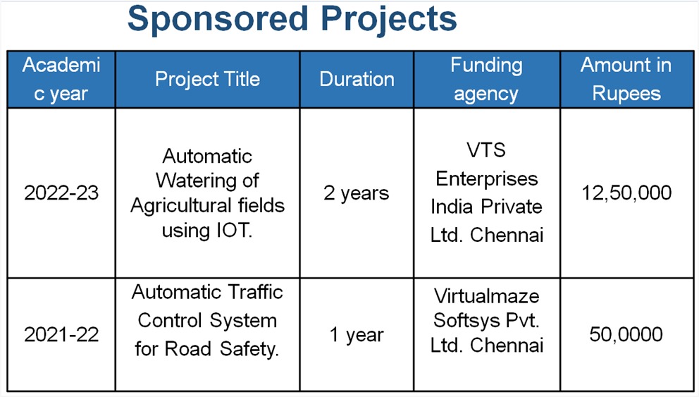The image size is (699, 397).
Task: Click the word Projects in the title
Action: click(x=389, y=20)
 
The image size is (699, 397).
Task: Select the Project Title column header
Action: click(x=207, y=80)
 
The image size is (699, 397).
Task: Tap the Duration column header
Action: click(x=357, y=80)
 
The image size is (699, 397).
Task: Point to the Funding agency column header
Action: click(x=486, y=80)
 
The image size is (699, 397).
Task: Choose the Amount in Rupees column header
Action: click(x=626, y=80)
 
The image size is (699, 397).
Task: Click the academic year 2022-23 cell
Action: click(x=61, y=193)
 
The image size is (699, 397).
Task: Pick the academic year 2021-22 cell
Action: click(x=61, y=334)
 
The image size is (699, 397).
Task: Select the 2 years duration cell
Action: click(x=356, y=193)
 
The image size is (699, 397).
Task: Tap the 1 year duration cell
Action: click(x=356, y=335)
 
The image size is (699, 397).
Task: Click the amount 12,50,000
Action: click(x=626, y=193)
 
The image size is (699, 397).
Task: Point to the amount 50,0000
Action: click(x=626, y=334)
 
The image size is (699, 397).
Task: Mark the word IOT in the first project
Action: click(x=235, y=231)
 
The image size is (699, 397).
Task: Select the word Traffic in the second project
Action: click(x=256, y=293)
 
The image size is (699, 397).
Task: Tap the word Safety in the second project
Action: click(x=249, y=349)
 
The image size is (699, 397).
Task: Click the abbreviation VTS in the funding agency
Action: click(x=486, y=150)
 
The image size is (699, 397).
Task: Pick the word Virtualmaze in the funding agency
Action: click(x=486, y=296)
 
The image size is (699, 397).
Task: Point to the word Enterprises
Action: click(x=486, y=179)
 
